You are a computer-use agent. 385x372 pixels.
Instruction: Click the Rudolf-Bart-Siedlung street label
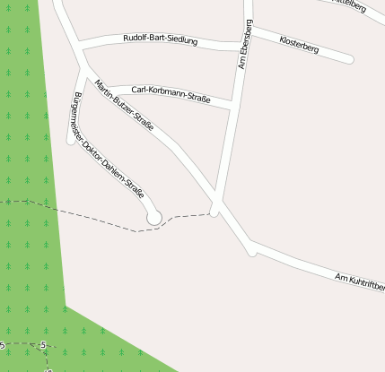pos(160,39)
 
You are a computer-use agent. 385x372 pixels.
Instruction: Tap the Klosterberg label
pos(299,42)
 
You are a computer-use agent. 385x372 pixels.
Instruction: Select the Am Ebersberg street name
pos(244,45)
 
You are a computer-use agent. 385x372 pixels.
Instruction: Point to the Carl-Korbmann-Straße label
pos(171,93)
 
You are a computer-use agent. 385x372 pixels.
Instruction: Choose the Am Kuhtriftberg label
pos(360,281)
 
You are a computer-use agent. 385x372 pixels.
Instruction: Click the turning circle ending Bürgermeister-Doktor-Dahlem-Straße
pos(153,217)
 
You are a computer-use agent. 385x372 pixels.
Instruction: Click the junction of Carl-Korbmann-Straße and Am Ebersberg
pos(232,108)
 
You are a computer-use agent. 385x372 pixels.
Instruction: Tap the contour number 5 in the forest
pos(43,345)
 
